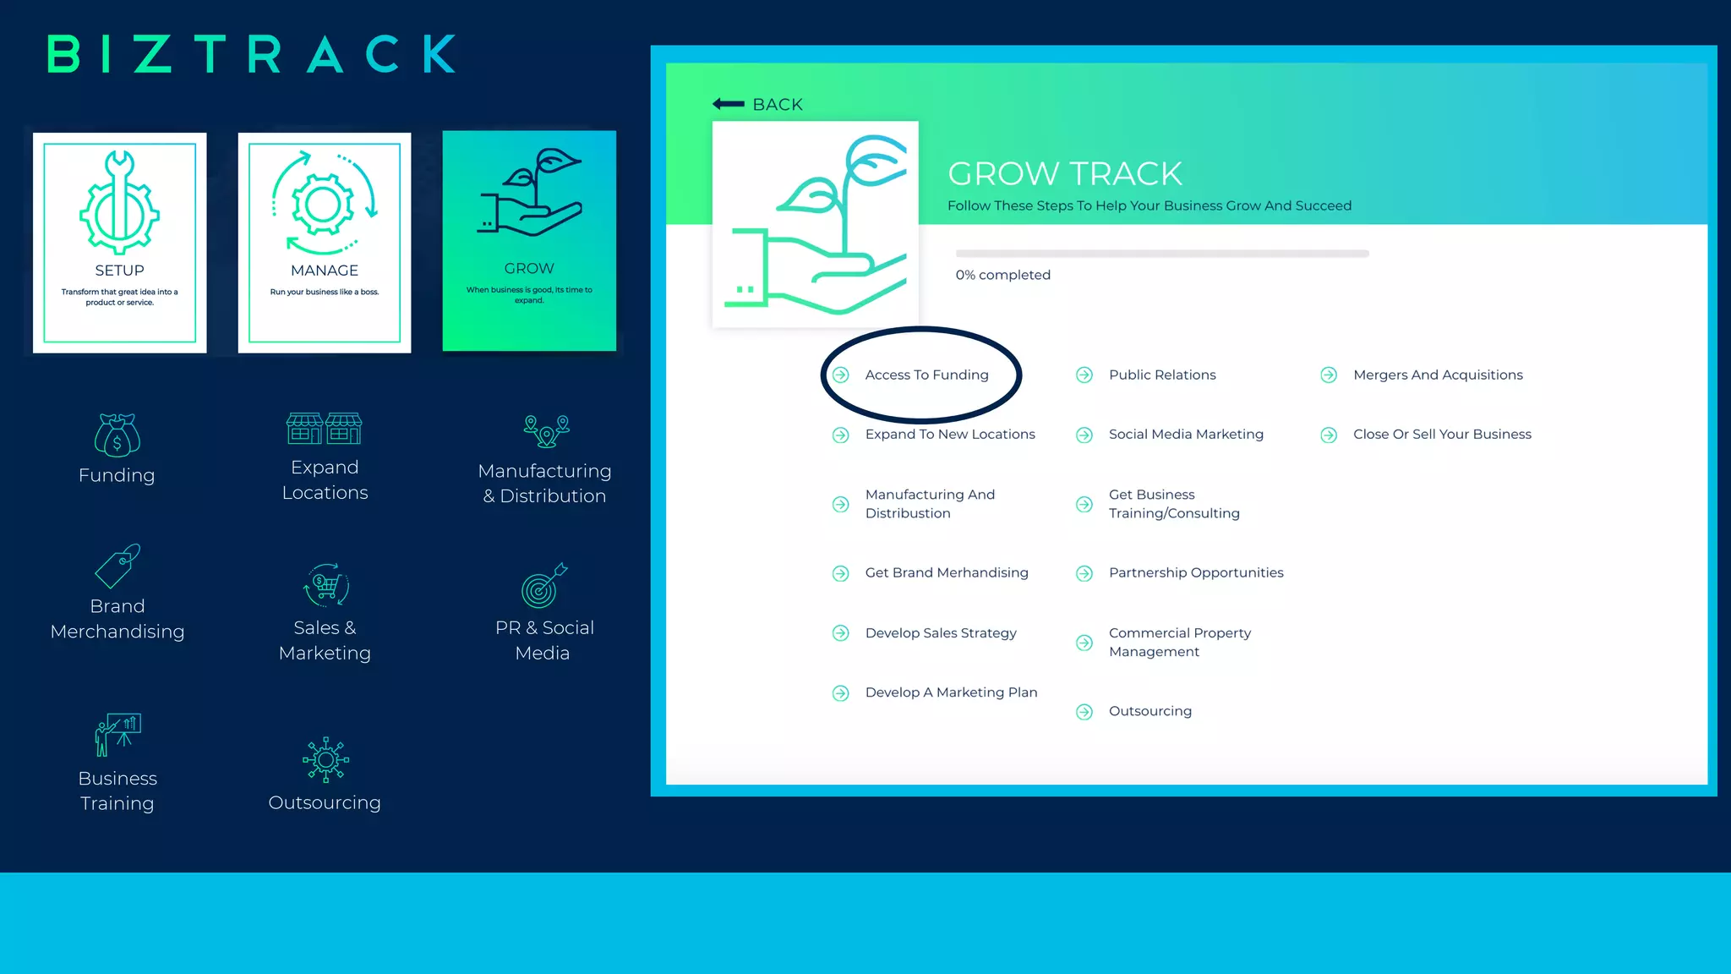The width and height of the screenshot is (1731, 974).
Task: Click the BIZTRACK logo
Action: [252, 54]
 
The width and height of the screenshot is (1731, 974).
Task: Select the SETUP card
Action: [119, 243]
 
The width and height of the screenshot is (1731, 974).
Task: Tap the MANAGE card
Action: [325, 243]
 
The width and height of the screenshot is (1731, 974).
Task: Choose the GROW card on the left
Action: [529, 241]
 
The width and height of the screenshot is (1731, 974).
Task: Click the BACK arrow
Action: [729, 104]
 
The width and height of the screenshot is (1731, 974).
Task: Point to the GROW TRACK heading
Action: [1064, 174]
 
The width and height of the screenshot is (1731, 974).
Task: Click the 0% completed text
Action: [1002, 275]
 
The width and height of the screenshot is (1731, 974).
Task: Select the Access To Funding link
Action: [926, 375]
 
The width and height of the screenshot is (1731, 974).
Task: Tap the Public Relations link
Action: [1162, 375]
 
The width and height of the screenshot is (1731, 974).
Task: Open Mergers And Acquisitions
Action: [1438, 375]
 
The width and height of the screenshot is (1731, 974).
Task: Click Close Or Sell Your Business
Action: [1442, 434]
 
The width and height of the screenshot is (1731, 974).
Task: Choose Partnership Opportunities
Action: [1196, 572]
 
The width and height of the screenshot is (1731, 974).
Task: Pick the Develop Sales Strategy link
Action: [941, 632]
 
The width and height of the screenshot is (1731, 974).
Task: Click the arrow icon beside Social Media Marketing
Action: [1084, 435]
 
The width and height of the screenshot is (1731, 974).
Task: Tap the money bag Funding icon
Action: [117, 435]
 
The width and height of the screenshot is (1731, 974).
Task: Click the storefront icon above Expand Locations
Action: [324, 429]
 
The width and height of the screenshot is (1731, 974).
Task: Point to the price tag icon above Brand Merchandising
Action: [117, 566]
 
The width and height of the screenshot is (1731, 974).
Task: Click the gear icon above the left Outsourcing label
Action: [325, 759]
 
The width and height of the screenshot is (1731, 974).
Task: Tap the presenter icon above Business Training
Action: [117, 734]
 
